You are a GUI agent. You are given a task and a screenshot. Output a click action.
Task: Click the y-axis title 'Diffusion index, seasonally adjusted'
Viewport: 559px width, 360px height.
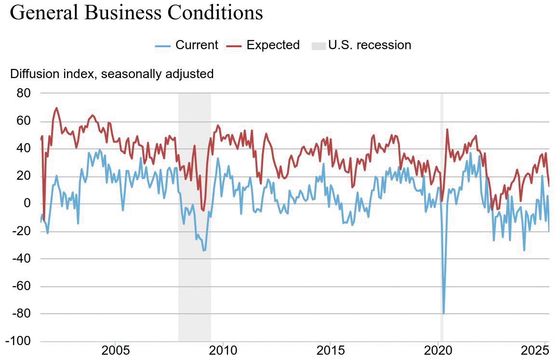[x=112, y=74]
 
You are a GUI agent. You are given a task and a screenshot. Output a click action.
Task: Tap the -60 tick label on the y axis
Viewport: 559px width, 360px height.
[x=20, y=286]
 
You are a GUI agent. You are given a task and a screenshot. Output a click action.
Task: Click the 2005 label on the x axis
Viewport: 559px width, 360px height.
[x=115, y=350]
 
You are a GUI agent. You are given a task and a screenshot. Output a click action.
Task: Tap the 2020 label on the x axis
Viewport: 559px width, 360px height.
[x=438, y=350]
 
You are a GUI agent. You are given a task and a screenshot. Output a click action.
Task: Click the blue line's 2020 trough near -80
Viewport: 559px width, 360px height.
[x=443, y=313]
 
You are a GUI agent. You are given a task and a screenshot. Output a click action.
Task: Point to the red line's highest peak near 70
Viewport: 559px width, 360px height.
[x=56, y=108]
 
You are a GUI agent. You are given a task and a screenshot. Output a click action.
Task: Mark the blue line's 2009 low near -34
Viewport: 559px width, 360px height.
[x=204, y=250]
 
